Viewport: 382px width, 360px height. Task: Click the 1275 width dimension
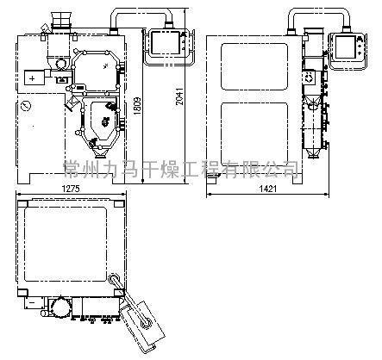pyautogui.click(x=71, y=189)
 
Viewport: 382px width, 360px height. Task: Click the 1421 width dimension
pyautogui.click(x=268, y=189)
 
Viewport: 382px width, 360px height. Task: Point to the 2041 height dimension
pyautogui.click(x=180, y=96)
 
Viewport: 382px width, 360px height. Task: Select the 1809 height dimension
pyautogui.click(x=138, y=106)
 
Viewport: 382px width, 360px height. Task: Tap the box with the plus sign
pyautogui.click(x=34, y=78)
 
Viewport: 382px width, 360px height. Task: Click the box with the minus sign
pyautogui.click(x=34, y=302)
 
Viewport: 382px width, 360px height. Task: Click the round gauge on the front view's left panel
pyautogui.click(x=26, y=106)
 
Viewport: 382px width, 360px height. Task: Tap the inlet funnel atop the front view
pyautogui.click(x=60, y=20)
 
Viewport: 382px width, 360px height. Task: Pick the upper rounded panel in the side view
pyautogui.click(x=254, y=66)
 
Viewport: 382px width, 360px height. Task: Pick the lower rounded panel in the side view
pyautogui.click(x=254, y=133)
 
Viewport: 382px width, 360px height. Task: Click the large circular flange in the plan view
pyautogui.click(x=60, y=307)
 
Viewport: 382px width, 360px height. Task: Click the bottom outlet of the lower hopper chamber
pyautogui.click(x=100, y=155)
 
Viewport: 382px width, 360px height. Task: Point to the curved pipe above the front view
pyautogui.click(x=141, y=9)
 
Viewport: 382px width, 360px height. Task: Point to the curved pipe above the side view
pyautogui.click(x=318, y=9)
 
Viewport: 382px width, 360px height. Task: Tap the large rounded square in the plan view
pyautogui.click(x=66, y=244)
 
